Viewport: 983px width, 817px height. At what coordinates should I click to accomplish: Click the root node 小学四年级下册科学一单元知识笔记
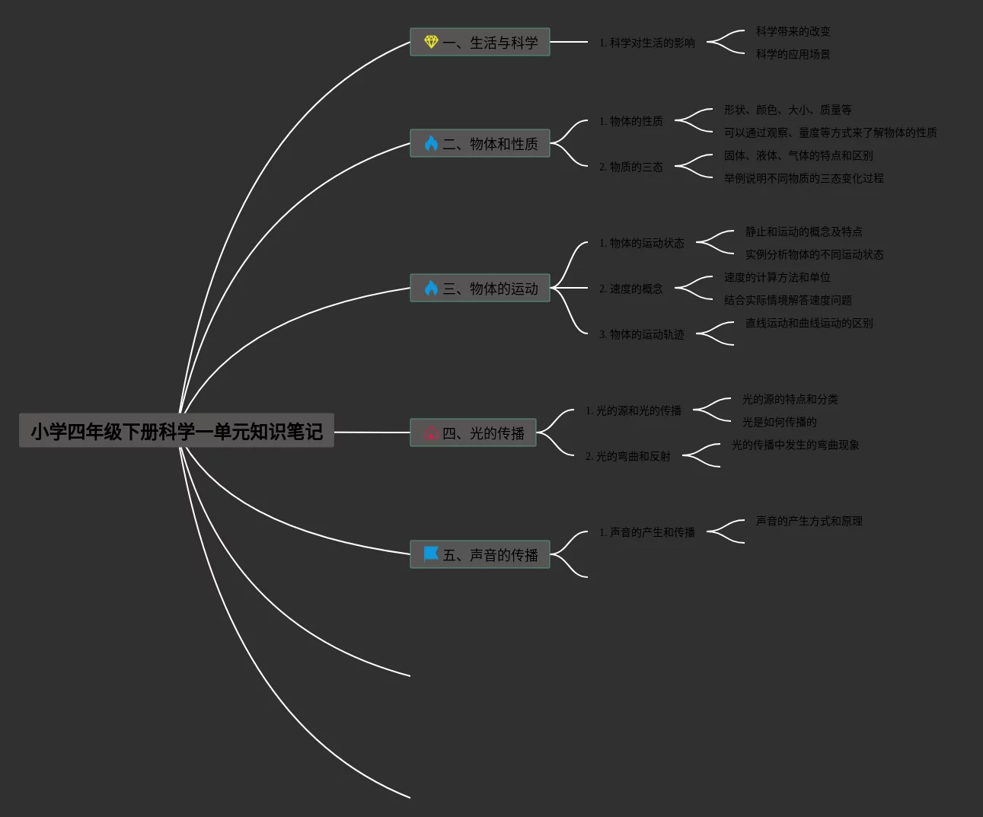coord(176,431)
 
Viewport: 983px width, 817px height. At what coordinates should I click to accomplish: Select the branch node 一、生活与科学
coord(490,43)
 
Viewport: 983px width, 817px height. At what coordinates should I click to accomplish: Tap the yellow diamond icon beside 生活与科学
coord(431,42)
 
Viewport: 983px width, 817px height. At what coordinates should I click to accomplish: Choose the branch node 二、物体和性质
coord(490,143)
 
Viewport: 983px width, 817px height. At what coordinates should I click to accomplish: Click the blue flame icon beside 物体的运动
coord(431,288)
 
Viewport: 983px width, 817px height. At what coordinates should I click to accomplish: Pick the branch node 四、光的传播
coord(483,432)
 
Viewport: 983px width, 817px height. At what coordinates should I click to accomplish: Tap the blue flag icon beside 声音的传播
coord(431,554)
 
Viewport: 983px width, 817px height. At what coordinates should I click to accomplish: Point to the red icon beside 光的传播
coord(431,433)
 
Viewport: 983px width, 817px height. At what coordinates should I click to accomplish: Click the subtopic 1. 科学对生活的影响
coord(646,43)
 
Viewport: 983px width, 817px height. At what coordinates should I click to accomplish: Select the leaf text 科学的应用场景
coord(793,54)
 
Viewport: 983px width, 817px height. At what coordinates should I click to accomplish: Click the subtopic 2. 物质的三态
coord(630,167)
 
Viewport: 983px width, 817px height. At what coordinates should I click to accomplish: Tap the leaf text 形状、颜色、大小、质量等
coord(787,110)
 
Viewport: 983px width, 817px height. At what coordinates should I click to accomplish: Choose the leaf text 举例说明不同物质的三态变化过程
coord(803,178)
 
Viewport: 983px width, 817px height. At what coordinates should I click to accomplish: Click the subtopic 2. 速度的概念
coord(630,289)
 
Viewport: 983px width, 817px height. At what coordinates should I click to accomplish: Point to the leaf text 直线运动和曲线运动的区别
coord(809,323)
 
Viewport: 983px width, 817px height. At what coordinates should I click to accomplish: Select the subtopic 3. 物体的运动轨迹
coord(641,334)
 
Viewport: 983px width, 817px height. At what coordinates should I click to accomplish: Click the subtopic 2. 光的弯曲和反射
coord(627,456)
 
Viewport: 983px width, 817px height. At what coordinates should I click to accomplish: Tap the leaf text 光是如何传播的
coord(779,422)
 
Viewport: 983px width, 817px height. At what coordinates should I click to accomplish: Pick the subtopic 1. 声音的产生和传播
coord(646,532)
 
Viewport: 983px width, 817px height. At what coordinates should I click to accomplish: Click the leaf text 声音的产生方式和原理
coord(809,521)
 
